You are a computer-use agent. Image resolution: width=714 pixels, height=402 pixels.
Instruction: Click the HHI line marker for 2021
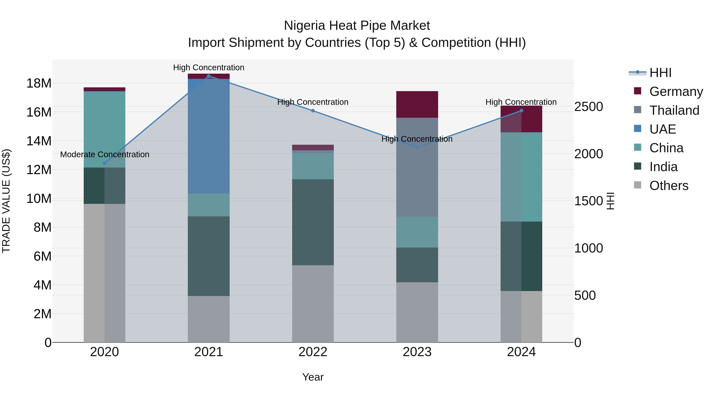click(x=209, y=76)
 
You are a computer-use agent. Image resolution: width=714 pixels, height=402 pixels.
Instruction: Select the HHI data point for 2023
click(x=417, y=147)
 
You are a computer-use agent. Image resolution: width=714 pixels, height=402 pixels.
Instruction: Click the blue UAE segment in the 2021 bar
click(x=209, y=136)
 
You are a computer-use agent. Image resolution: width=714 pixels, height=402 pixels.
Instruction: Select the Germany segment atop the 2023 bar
click(x=417, y=104)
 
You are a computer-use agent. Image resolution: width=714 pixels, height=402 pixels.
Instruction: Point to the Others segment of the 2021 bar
click(x=209, y=319)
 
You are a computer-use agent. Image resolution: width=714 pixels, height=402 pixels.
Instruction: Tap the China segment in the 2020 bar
click(x=105, y=129)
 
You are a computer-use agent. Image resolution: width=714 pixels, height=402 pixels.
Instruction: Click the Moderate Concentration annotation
click(x=105, y=154)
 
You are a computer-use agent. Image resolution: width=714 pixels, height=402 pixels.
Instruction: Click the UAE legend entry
click(x=662, y=129)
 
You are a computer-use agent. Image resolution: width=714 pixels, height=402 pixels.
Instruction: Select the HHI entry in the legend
click(x=660, y=73)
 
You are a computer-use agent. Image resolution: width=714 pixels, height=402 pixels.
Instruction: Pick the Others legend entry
click(x=669, y=186)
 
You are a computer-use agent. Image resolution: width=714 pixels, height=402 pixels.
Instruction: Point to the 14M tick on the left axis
click(x=39, y=141)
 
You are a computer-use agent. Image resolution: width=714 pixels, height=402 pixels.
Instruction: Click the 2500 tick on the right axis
click(x=588, y=107)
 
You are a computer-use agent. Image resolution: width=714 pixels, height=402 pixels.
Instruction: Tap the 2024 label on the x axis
click(x=521, y=352)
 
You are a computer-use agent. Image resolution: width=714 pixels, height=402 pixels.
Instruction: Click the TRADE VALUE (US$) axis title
click(x=6, y=201)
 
